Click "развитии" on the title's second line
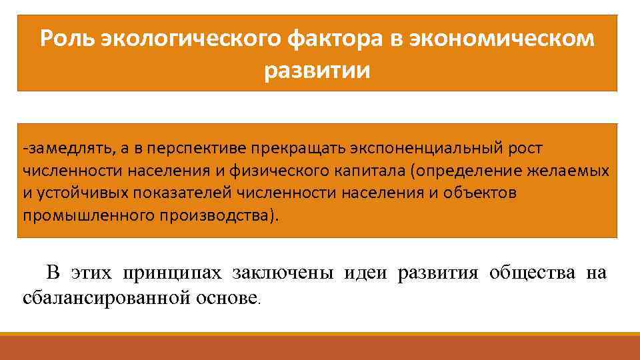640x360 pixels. click(317, 69)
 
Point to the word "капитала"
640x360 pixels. click(369, 171)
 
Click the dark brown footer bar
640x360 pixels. click(320, 348)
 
